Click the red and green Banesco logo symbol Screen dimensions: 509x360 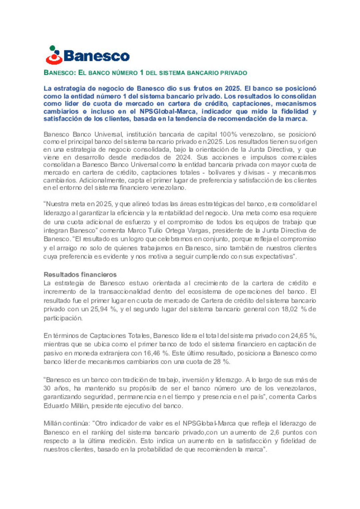click(54, 55)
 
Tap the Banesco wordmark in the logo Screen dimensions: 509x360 click(96, 56)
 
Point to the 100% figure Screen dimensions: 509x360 click(228, 135)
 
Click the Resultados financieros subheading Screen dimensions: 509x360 click(80, 274)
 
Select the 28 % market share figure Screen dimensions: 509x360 click(221, 362)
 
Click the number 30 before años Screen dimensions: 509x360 click(47, 388)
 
